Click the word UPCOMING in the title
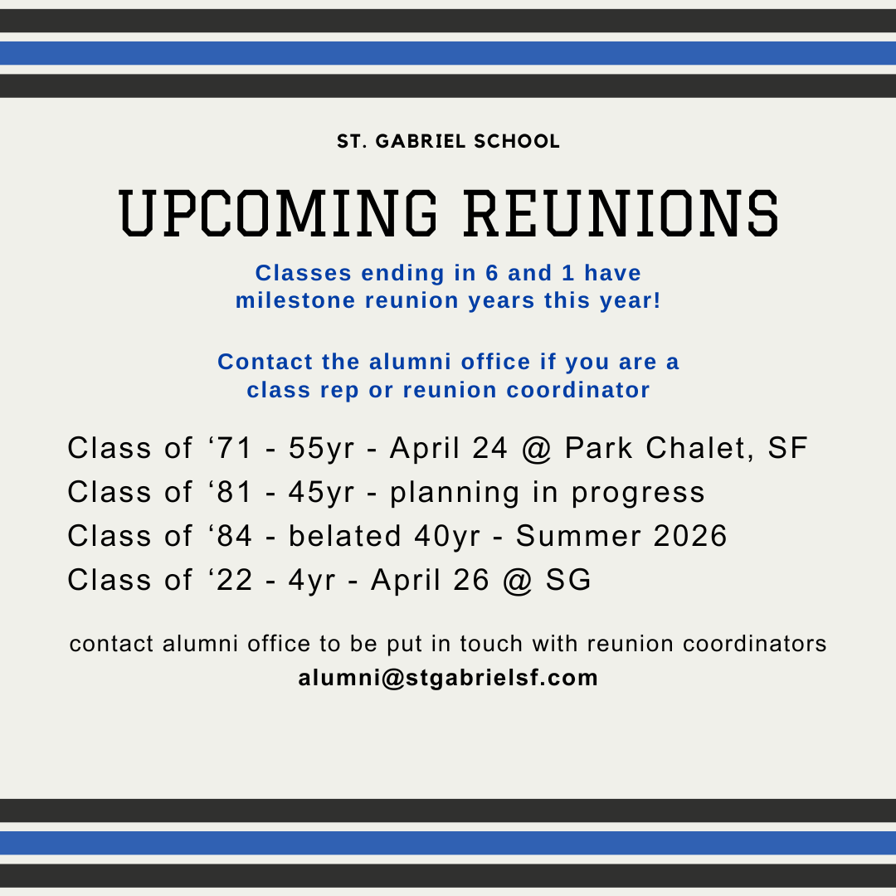[x=278, y=213]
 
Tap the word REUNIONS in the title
[x=621, y=213]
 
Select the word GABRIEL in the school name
[x=421, y=141]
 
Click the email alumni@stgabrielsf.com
[x=448, y=678]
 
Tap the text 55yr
[x=321, y=449]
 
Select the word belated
[x=344, y=535]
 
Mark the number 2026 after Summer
[x=689, y=535]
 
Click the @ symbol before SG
[x=518, y=581]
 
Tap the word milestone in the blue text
[x=295, y=300]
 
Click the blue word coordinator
[x=578, y=390]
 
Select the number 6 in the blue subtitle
[x=492, y=273]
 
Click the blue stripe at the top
[x=448, y=53]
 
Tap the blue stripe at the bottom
[x=448, y=843]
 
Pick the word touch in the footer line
[x=491, y=644]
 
